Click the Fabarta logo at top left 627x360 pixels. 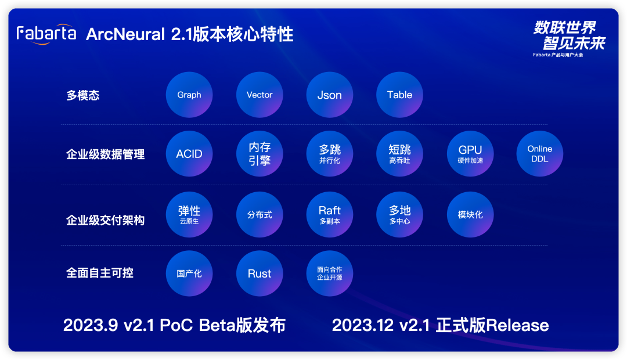pyautogui.click(x=46, y=34)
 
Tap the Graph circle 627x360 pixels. pyautogui.click(x=189, y=95)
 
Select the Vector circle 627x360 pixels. pyautogui.click(x=260, y=95)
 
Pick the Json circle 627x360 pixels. pyautogui.click(x=330, y=95)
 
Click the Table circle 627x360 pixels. pyautogui.click(x=399, y=95)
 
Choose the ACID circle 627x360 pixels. pyautogui.click(x=189, y=154)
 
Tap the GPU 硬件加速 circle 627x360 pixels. pyautogui.click(x=470, y=154)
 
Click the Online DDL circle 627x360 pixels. pyautogui.click(x=540, y=154)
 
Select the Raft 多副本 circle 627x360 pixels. pyautogui.click(x=330, y=214)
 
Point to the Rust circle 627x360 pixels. pyautogui.click(x=260, y=273)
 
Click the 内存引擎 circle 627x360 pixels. pyautogui.click(x=260, y=154)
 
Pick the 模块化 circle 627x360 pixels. pyautogui.click(x=470, y=214)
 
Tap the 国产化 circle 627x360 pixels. pyautogui.click(x=189, y=273)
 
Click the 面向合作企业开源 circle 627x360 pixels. pyautogui.click(x=330, y=273)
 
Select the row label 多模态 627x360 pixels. pyautogui.click(x=83, y=95)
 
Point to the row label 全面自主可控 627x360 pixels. pyautogui.click(x=100, y=273)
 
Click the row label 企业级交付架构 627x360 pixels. pyautogui.click(x=105, y=220)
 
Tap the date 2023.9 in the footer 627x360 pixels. pyautogui.click(x=91, y=325)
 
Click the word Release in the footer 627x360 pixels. pyautogui.click(x=517, y=325)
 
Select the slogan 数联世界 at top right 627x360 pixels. pyautogui.click(x=565, y=28)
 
